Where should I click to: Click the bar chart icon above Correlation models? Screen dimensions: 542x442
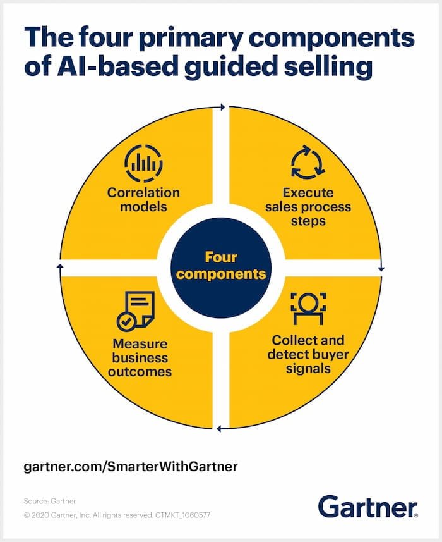143,164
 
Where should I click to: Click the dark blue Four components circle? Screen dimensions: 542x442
221,266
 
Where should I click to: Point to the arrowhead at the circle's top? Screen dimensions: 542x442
221,108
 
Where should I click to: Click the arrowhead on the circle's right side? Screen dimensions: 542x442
381,269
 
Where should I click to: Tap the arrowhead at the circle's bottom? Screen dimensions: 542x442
219,429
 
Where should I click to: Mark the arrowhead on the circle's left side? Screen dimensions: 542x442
60,267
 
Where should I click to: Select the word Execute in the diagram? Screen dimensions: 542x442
308,193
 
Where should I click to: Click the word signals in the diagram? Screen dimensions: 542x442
308,368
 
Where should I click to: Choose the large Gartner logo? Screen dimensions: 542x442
367,507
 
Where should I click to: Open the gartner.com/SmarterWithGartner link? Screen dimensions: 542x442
131,467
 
